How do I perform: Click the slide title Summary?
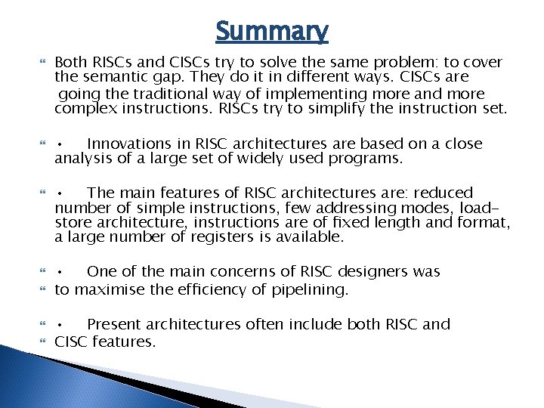[x=272, y=31]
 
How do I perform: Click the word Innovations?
[x=128, y=144]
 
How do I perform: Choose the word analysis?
[x=82, y=159]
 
